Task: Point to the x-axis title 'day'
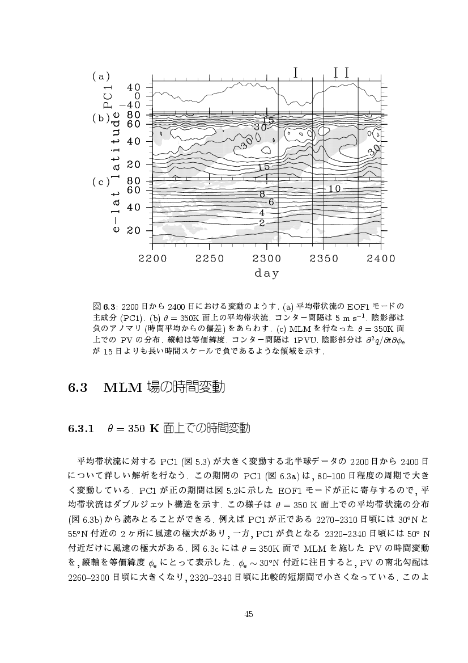[266, 273]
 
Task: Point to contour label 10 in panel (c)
[334, 188]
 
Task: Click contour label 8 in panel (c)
[262, 195]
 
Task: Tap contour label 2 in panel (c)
[262, 223]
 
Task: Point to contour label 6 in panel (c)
[271, 202]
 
